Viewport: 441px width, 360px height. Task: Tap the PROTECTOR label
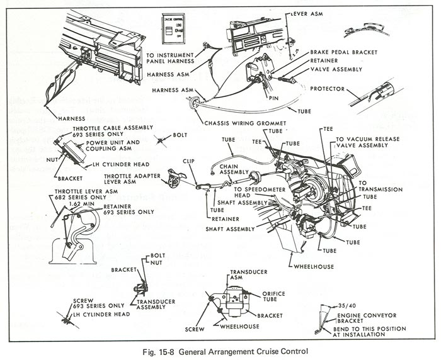click(328, 89)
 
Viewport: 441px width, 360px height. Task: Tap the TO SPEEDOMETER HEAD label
click(257, 191)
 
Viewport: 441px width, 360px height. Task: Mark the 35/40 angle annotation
click(344, 303)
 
